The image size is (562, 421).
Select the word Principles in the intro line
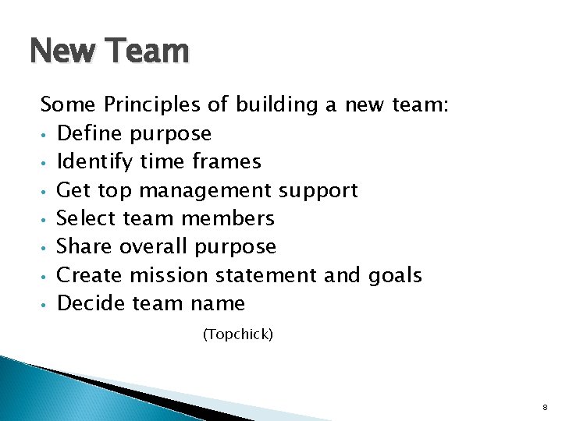pyautogui.click(x=157, y=104)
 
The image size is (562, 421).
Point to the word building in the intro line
pyautogui.click(x=272, y=104)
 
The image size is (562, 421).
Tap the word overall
pyautogui.click(x=153, y=246)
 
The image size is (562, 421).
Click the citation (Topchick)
pyautogui.click(x=237, y=334)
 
